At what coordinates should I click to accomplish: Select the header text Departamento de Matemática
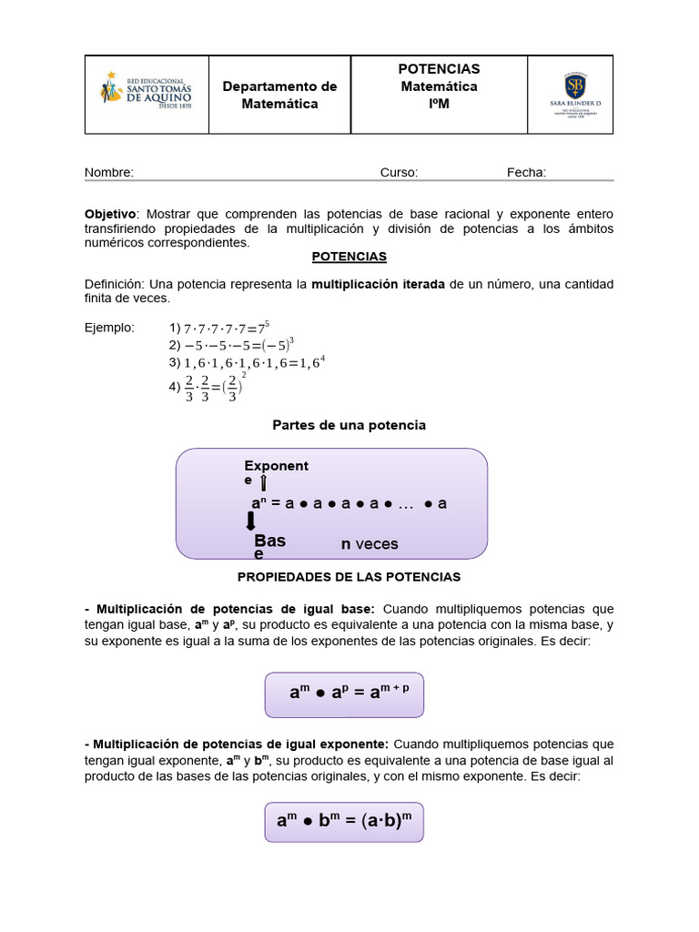click(279, 95)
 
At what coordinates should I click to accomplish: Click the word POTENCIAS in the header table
click(439, 69)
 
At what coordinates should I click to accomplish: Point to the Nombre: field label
click(109, 172)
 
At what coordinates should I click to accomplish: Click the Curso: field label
click(399, 172)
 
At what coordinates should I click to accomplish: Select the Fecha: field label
click(526, 172)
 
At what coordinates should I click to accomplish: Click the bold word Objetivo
click(109, 213)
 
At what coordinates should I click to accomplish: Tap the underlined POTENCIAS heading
click(349, 257)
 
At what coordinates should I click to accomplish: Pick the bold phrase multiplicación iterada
click(378, 284)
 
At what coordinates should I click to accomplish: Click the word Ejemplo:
click(109, 328)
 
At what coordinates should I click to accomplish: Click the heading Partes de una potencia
click(349, 425)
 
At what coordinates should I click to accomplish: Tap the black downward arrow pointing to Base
click(251, 521)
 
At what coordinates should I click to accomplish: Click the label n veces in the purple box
click(370, 544)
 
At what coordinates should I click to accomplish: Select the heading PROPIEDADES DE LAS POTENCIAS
click(349, 577)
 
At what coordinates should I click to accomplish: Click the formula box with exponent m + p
click(344, 694)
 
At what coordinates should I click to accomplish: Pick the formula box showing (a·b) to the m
click(344, 821)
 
